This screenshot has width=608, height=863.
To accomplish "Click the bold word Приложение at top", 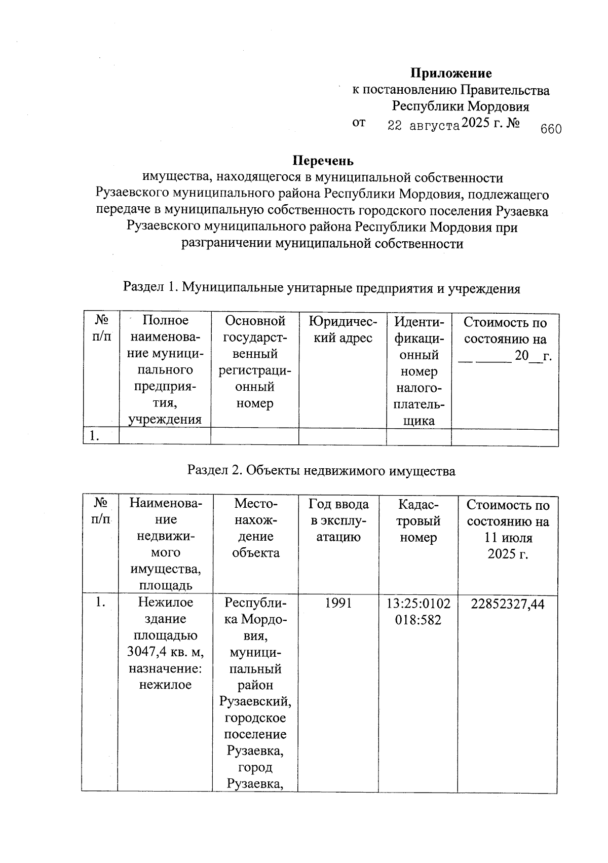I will click(450, 73).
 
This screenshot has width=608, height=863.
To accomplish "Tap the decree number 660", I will click(551, 129).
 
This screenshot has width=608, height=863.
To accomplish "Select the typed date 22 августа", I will click(423, 126).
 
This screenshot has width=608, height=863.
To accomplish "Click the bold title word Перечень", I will click(323, 161).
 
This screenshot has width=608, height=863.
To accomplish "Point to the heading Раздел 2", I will click(212, 471).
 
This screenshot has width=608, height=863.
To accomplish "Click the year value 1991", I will click(338, 603).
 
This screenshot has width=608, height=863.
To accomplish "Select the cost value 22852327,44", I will click(508, 604).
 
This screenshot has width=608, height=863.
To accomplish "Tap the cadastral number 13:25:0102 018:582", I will click(418, 612).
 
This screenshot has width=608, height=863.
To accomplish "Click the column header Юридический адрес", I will click(343, 329).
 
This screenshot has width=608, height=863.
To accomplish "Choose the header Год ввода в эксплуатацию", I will click(338, 520).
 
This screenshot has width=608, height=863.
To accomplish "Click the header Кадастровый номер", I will click(418, 520).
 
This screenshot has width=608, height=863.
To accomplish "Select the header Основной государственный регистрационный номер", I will click(255, 362).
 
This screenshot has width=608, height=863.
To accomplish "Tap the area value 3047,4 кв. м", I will click(165, 652).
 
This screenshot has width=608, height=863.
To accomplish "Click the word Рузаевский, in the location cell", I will click(255, 701).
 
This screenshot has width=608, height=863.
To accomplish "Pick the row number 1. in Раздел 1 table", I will click(94, 436).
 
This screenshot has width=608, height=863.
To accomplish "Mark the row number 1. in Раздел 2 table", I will click(100, 603).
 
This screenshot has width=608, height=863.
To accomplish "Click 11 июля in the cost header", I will click(508, 537).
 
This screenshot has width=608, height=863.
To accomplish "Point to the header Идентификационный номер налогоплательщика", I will click(419, 371).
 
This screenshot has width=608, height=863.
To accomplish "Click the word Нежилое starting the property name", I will click(165, 603).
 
